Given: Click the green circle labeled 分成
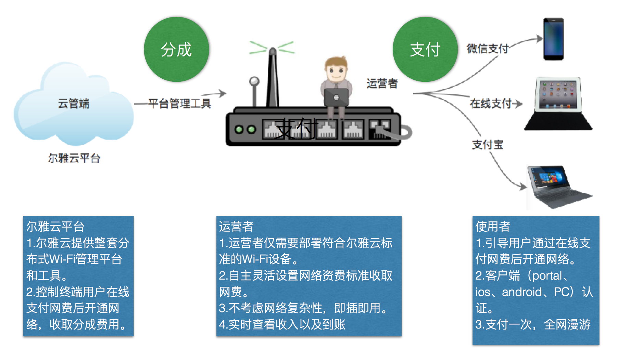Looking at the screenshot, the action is tap(176, 49).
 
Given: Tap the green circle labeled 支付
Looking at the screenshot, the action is tap(425, 49).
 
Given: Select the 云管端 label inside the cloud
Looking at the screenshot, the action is tap(74, 103).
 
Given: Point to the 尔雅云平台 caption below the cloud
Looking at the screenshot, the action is tap(74, 158).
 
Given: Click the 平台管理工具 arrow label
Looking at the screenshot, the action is tap(179, 103).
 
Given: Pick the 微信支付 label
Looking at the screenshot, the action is tap(488, 49).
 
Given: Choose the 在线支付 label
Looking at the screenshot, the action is tap(491, 103).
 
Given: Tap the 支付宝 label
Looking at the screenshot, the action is tap(488, 144).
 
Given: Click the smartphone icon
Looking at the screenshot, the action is tap(553, 39).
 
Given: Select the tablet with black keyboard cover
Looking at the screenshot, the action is tap(558, 103).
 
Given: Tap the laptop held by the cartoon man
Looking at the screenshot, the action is tap(336, 97).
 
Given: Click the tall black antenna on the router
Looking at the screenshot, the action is tap(273, 77).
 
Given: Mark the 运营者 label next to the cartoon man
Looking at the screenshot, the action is tap(382, 83).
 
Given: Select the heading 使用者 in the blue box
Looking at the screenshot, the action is tap(493, 226).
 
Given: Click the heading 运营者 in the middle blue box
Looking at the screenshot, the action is tap(236, 226).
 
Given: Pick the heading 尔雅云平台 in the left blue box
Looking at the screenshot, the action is tap(55, 226).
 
